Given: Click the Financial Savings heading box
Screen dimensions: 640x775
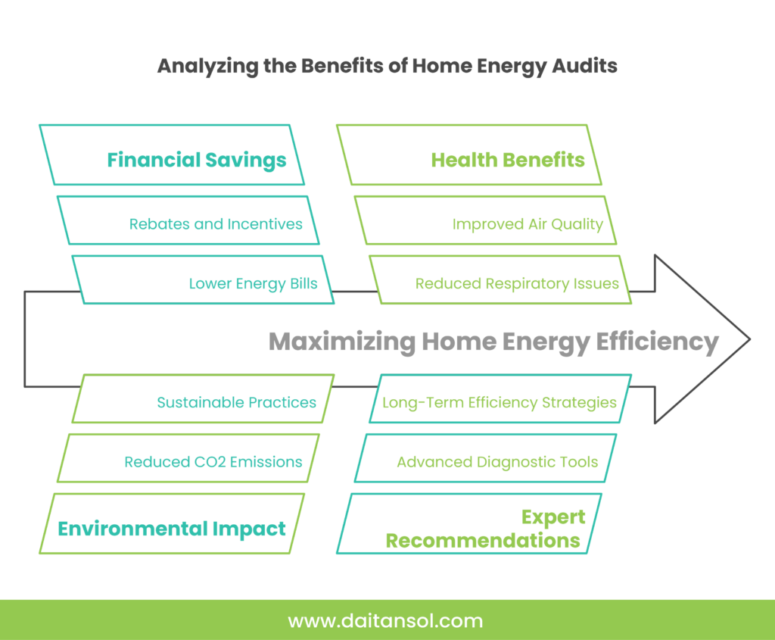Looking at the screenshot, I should (x=172, y=155).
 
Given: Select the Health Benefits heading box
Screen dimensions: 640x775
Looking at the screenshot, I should (x=469, y=155).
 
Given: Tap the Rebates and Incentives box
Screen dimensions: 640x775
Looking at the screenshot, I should (x=188, y=220).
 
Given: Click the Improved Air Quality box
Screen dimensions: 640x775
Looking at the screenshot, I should (x=486, y=220).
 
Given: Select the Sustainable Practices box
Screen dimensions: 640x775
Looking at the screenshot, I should (x=204, y=398).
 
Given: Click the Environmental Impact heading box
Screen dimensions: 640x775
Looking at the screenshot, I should (x=172, y=523).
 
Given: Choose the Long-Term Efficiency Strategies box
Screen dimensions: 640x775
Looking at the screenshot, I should (x=500, y=398).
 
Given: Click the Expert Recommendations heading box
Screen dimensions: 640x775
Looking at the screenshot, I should (x=469, y=523).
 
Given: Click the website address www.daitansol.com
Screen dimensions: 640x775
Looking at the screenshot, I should (x=385, y=621).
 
